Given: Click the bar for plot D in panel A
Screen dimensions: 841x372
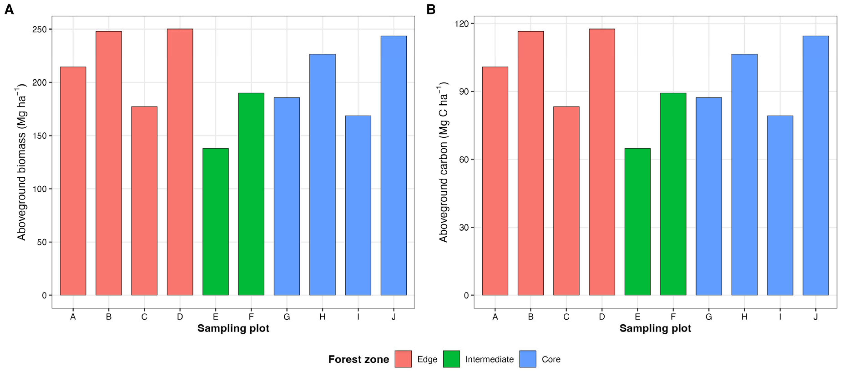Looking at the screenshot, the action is pos(180,162).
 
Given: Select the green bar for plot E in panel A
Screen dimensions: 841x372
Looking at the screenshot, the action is pos(216,222).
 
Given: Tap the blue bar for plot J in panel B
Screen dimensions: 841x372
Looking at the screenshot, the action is pos(816,166).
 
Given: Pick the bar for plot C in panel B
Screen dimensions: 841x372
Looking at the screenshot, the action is pos(566,201).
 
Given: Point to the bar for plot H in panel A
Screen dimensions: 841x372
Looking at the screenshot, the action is pos(322,175).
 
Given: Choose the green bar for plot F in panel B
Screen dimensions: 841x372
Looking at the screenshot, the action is pos(673,194).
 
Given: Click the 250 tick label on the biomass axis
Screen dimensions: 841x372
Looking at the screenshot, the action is pos(40,29).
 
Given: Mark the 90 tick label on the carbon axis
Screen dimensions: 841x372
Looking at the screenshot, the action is pos(464,91).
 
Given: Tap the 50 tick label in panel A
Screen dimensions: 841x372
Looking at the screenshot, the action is pos(42,242).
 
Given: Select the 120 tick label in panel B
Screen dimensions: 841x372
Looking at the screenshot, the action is pos(461,23).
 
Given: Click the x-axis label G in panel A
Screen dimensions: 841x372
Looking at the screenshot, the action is pos(287,317).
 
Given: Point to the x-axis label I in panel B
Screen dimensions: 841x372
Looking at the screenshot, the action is pos(780,317).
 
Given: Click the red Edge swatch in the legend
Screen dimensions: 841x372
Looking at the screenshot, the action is pos(403,359).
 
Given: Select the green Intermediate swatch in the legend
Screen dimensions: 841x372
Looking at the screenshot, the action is pos(452,359).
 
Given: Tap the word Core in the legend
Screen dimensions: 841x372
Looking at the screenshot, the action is pos(551,359).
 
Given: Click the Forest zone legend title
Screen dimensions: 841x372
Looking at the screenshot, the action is pos(359,359).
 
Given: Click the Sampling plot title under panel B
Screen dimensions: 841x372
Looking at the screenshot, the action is pos(655,328).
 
